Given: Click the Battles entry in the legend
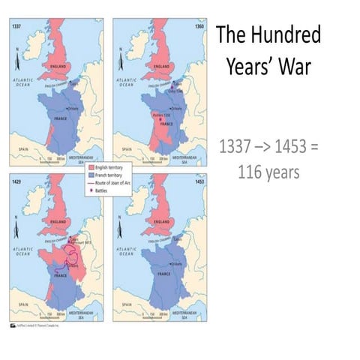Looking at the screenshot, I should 104,188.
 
